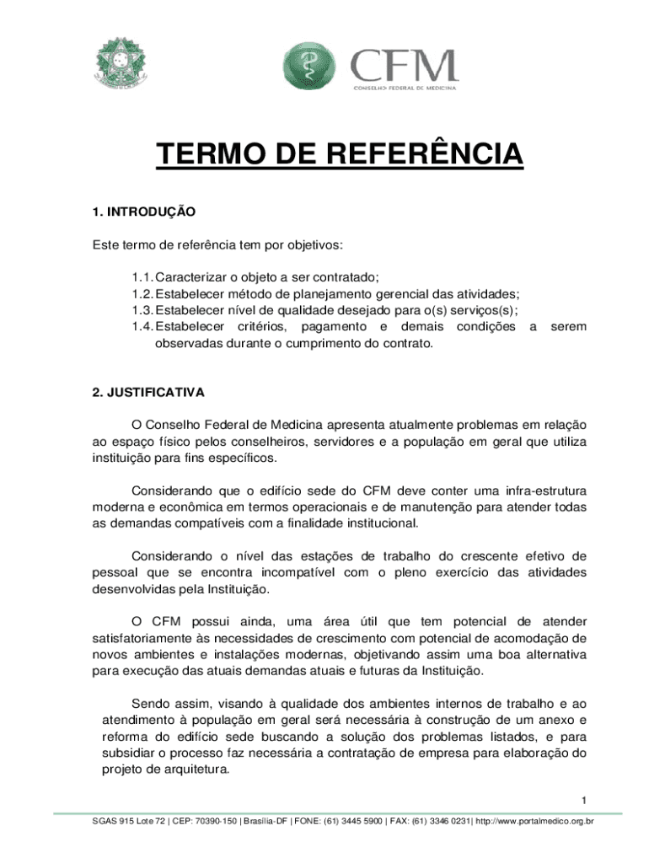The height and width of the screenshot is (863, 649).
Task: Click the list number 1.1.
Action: (142, 276)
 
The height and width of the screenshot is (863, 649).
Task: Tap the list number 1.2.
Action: (142, 293)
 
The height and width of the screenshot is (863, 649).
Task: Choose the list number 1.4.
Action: (142, 326)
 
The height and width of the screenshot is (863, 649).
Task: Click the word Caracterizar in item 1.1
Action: (196, 276)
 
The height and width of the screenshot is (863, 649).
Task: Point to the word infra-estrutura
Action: (535, 490)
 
